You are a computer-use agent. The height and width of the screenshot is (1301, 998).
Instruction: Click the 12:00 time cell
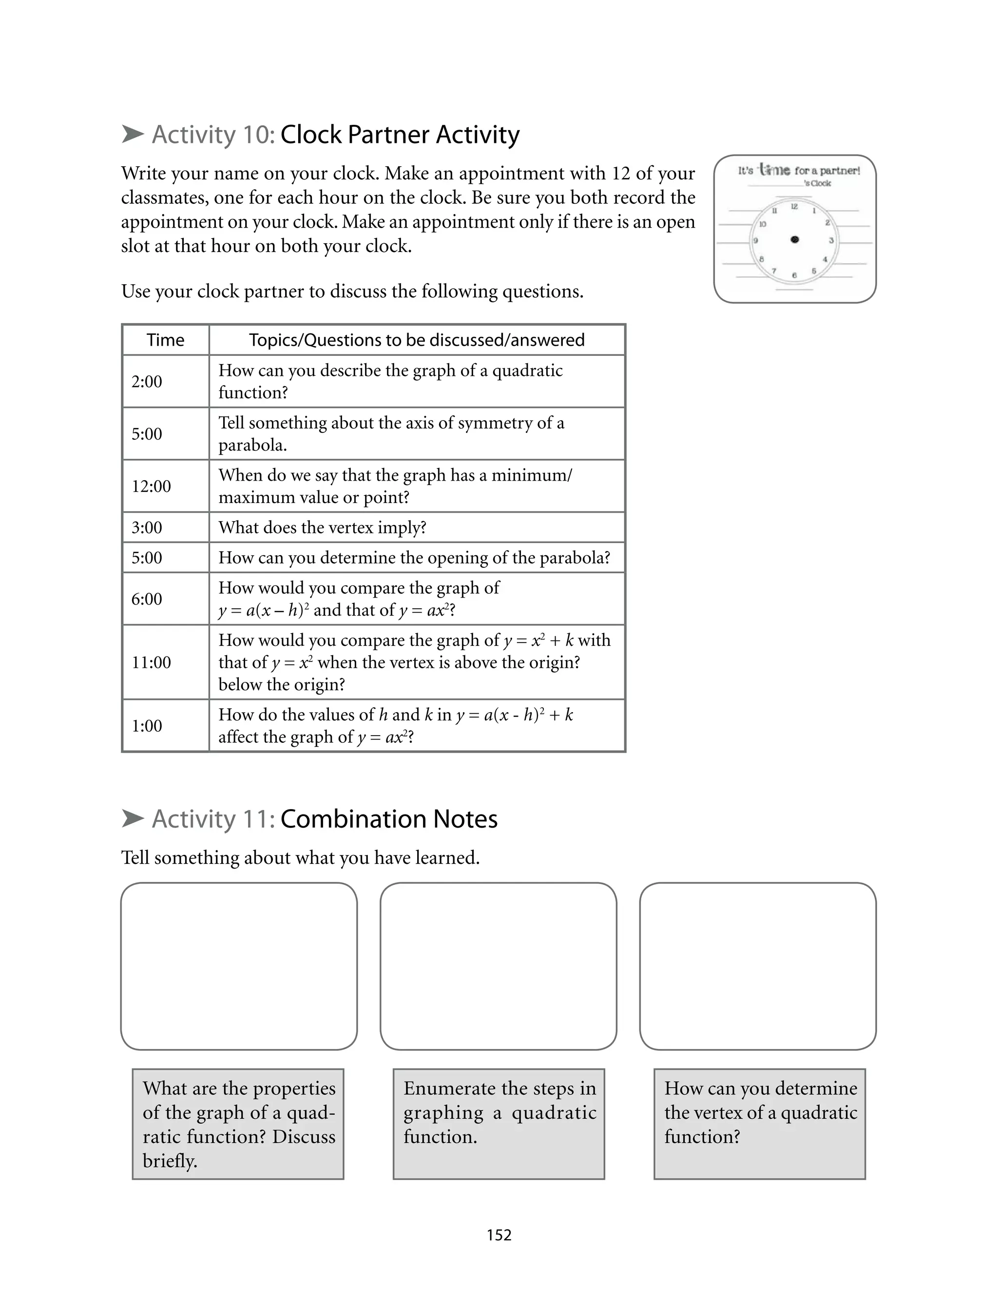[x=152, y=486]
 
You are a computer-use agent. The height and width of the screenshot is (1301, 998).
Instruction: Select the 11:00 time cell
[x=152, y=662]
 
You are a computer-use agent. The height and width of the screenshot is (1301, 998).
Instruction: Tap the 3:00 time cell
[x=147, y=527]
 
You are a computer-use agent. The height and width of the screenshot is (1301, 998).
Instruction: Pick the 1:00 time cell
[x=147, y=725]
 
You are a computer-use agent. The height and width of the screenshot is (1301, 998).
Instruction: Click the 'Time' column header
[x=165, y=340]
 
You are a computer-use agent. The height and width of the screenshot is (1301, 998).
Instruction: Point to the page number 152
[x=499, y=1235]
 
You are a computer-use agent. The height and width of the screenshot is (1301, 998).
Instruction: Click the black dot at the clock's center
[x=795, y=239]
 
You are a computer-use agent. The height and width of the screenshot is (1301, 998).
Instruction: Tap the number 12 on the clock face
[x=794, y=206]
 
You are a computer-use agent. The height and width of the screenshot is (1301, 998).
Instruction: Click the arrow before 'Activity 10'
[x=133, y=134]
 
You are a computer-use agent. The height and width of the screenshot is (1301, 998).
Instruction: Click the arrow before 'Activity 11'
[x=133, y=818]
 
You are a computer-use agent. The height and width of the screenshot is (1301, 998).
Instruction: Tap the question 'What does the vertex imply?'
[x=322, y=527]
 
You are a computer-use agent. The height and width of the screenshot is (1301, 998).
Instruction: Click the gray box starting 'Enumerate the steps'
[x=499, y=1124]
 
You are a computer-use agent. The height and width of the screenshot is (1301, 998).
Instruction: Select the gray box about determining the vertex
[x=759, y=1124]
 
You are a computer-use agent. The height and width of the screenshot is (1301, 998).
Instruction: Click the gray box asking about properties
[x=238, y=1124]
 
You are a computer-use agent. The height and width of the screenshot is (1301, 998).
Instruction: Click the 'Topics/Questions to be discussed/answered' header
[x=417, y=340]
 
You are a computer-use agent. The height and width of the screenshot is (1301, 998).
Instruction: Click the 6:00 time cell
[x=147, y=598]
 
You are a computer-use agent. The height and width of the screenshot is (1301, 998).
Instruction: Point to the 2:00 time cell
[x=147, y=381]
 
